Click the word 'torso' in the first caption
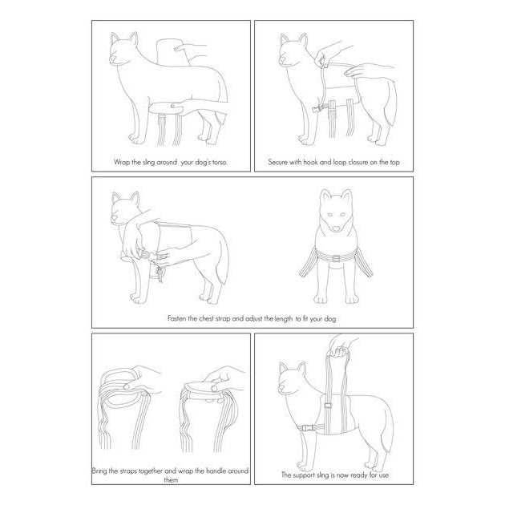[220, 162]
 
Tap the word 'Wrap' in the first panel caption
[122, 162]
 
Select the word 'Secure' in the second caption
[277, 162]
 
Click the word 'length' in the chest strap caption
[284, 319]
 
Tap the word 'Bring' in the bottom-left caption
[99, 471]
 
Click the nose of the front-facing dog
[336, 228]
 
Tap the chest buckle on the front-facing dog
[336, 259]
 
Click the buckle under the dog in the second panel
[317, 109]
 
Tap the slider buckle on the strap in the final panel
[328, 406]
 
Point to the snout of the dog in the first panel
[113, 59]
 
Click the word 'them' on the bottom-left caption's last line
[171, 480]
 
